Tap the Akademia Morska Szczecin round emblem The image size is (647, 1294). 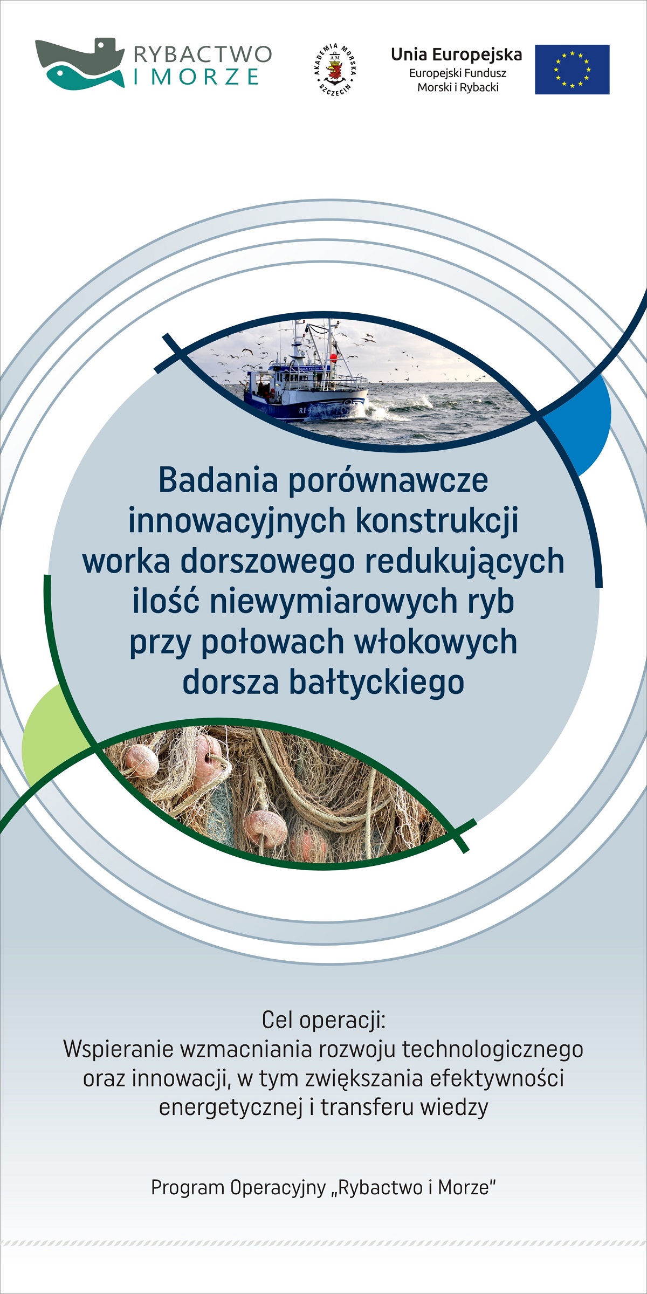335,69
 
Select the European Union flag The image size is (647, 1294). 572,70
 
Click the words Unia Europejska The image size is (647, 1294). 456,54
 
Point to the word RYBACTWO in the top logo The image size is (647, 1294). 203,54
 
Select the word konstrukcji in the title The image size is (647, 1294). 437,521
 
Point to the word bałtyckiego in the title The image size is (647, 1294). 377,682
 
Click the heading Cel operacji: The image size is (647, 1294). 324,1020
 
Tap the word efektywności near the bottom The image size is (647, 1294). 497,1078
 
